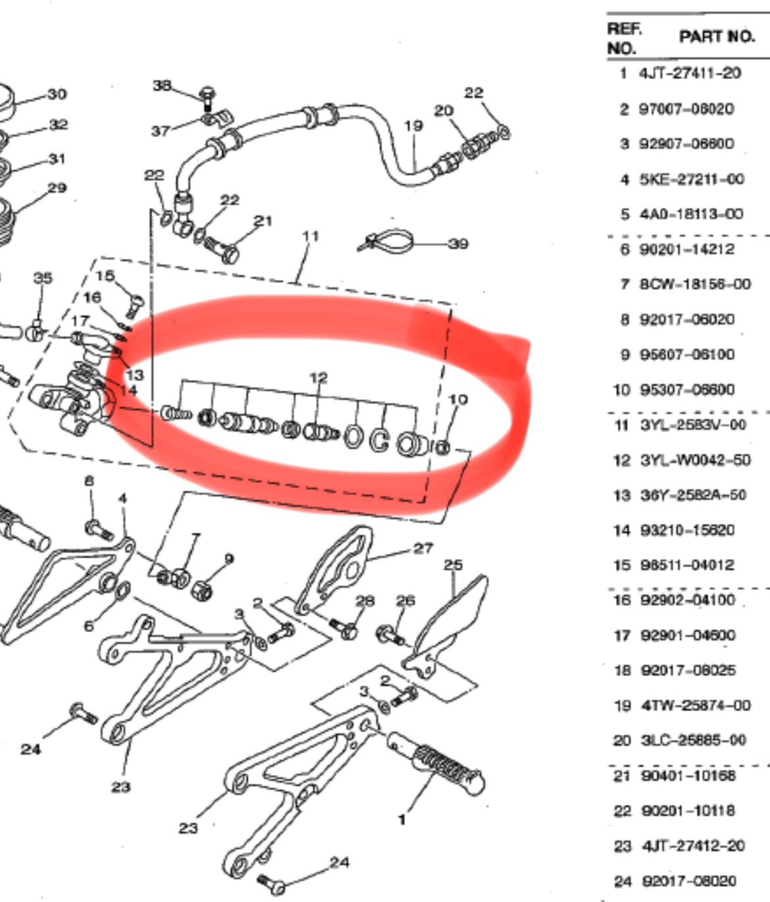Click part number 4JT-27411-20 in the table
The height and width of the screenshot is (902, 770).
pyautogui.click(x=690, y=73)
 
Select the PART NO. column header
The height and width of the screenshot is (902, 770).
pyautogui.click(x=717, y=37)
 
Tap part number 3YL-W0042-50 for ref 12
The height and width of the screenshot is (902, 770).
pyautogui.click(x=695, y=460)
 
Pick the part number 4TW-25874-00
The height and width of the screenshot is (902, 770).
pyautogui.click(x=695, y=706)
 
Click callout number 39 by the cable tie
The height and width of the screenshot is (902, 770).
pyautogui.click(x=458, y=244)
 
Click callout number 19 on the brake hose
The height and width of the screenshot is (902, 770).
pyautogui.click(x=413, y=125)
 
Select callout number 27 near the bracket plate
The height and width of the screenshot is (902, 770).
pyautogui.click(x=423, y=548)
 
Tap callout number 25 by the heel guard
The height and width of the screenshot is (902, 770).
pyautogui.click(x=453, y=565)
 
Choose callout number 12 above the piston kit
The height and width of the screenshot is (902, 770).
pyautogui.click(x=318, y=378)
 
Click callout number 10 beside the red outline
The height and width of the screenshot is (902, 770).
pyautogui.click(x=457, y=400)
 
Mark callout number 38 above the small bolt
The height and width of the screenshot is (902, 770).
pyautogui.click(x=162, y=86)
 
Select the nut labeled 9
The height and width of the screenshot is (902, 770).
pyautogui.click(x=201, y=588)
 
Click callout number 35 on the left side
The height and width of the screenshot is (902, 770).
pyautogui.click(x=43, y=278)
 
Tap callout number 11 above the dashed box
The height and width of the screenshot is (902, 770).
pyautogui.click(x=311, y=236)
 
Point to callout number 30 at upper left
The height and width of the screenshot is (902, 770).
pyautogui.click(x=57, y=94)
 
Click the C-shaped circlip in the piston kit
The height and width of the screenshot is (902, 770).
pyautogui.click(x=379, y=440)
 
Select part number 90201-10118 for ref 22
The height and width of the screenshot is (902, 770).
pyautogui.click(x=687, y=811)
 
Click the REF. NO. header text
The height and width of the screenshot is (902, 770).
pyautogui.click(x=622, y=38)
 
